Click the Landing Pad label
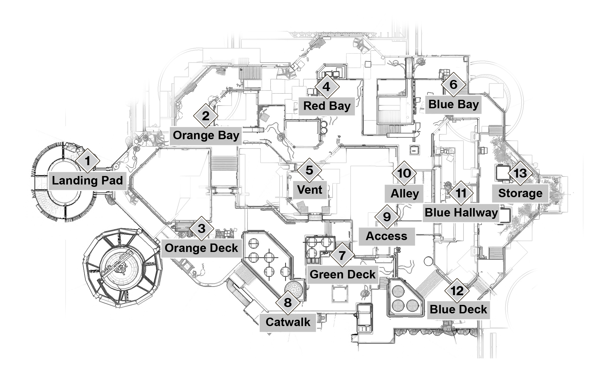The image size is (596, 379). coord(87,181)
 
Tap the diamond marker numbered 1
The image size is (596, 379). coord(87,161)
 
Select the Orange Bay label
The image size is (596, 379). coord(206,136)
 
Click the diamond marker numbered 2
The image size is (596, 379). coord(206,116)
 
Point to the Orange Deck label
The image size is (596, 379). coord(201,248)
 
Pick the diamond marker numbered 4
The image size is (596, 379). coord(326,87)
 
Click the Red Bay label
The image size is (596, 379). coord(327,106)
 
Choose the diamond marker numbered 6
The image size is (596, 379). coord(453,85)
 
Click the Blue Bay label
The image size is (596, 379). coord(453,105)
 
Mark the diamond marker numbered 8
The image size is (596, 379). coord(288,303)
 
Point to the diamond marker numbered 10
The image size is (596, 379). coord(404,173)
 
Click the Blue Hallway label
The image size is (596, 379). coord(461,213)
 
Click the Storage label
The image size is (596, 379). coord(520,193)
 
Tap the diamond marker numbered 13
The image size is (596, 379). coord(520,173)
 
